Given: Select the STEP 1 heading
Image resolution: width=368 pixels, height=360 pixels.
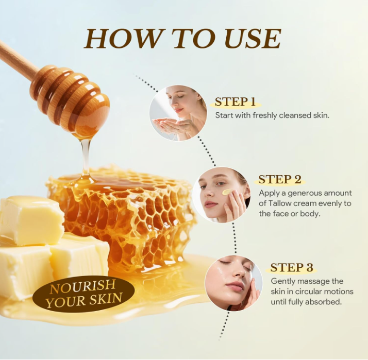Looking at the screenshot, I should coord(235,101).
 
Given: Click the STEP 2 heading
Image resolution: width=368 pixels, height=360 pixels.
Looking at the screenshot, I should coord(279,179).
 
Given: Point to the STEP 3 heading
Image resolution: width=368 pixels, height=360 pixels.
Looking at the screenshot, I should coord(292,267).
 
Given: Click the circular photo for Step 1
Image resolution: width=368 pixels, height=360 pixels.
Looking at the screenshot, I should coord(178,113).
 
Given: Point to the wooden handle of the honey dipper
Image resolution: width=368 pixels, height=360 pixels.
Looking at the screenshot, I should coord(15,58).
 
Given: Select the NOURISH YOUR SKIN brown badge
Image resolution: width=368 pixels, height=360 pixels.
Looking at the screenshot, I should coord(83,294).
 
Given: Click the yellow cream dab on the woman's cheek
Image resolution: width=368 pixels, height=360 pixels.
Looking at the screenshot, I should coord(227,192).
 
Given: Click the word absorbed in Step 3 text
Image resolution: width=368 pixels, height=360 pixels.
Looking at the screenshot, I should coord(325,302).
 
